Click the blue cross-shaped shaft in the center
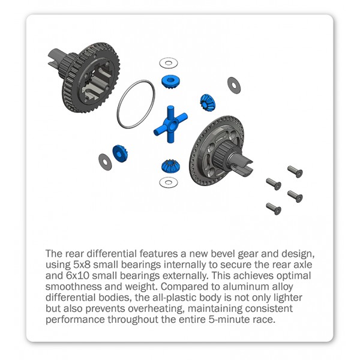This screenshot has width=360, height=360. [x=170, y=124]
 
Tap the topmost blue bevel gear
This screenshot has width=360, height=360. [x=170, y=82]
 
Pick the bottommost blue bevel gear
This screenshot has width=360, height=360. [x=170, y=166]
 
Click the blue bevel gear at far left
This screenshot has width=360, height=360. [x=120, y=154]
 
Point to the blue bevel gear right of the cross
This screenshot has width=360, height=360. [x=208, y=102]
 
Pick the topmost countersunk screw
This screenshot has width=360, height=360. [x=295, y=172]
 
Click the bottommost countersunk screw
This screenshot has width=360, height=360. [x=274, y=208]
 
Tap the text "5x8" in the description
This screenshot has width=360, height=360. [x=82, y=265]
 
